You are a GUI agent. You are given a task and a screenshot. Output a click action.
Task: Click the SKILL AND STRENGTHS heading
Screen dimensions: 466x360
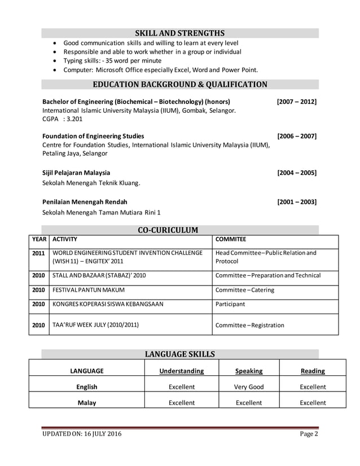click(x=179, y=33)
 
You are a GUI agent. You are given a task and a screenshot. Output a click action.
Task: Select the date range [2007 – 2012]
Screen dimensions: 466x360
click(x=296, y=102)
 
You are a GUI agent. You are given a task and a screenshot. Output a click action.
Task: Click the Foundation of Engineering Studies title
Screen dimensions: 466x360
click(x=93, y=136)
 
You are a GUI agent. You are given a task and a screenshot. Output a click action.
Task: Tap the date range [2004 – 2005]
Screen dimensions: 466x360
click(x=296, y=173)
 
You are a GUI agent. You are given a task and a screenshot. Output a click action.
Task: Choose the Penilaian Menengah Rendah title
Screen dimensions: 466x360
click(x=85, y=201)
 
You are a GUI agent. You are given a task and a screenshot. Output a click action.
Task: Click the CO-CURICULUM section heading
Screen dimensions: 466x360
click(x=168, y=230)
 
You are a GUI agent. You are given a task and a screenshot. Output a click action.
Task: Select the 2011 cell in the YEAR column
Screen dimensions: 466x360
click(x=38, y=253)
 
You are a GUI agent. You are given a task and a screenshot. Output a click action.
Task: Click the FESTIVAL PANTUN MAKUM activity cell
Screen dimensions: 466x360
click(x=89, y=290)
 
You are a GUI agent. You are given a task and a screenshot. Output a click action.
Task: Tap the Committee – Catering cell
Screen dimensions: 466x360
click(x=245, y=290)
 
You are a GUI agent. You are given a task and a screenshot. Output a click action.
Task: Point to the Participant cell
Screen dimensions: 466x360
click(x=230, y=304)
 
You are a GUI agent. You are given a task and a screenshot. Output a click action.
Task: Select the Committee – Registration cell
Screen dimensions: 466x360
click(x=250, y=325)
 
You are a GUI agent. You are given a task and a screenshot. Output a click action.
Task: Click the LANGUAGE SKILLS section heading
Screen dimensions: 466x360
click(x=179, y=354)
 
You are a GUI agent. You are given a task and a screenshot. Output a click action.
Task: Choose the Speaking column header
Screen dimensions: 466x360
click(x=249, y=371)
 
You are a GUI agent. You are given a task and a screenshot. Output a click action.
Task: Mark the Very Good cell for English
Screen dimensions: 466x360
click(x=249, y=387)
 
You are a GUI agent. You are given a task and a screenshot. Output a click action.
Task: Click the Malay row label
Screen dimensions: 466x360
click(x=87, y=403)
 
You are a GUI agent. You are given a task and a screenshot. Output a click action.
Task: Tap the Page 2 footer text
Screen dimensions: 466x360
click(x=309, y=434)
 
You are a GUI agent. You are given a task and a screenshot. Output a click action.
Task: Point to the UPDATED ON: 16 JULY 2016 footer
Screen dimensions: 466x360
click(x=82, y=434)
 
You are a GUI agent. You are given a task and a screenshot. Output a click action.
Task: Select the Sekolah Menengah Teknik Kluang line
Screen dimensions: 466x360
click(x=91, y=183)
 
